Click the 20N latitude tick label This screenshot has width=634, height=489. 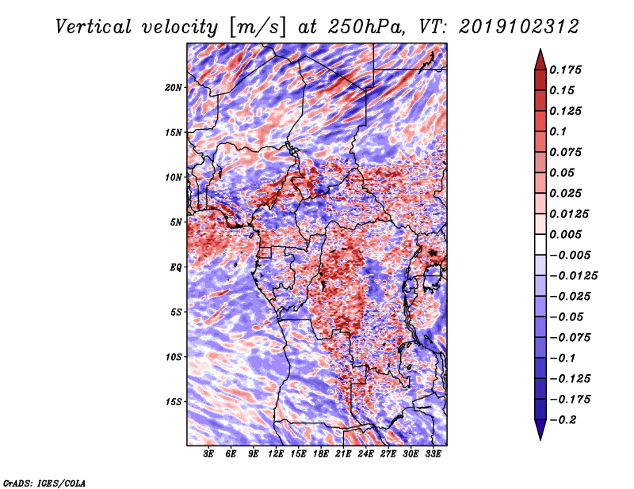coord(174,87)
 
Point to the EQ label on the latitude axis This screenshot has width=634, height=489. coord(175,267)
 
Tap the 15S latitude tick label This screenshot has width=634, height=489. coord(174,401)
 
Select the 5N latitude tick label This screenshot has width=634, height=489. coord(175,222)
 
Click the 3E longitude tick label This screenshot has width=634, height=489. coord(209,454)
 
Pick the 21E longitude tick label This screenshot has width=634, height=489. coord(343,454)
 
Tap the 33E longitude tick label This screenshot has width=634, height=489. coord(433,454)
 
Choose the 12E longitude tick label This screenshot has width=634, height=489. coord(276,454)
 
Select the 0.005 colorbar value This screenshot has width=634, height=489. coord(567,234)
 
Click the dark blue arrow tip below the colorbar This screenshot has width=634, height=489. coord(540,435)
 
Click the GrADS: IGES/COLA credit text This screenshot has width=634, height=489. coord(44,482)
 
